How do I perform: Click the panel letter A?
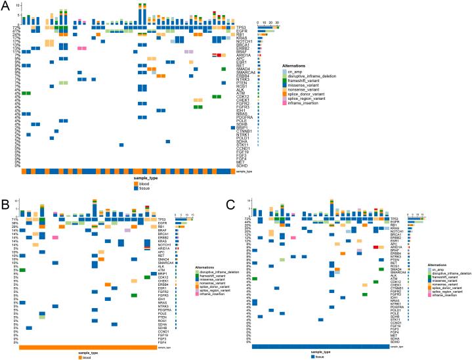[x=6, y=6]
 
